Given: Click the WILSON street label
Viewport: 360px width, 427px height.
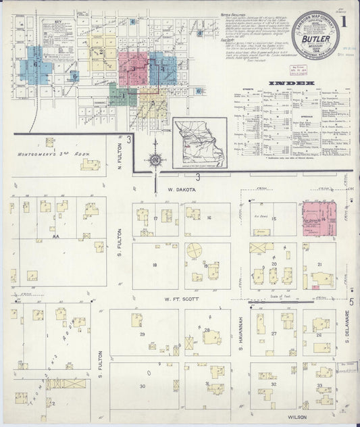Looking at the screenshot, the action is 297,417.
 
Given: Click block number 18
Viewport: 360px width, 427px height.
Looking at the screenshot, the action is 155,265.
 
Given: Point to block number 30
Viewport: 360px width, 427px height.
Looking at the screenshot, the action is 143,386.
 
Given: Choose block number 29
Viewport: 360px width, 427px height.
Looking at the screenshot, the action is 143,334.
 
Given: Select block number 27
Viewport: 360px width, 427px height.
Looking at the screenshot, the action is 274,334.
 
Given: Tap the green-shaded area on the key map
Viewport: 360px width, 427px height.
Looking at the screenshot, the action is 122,97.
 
